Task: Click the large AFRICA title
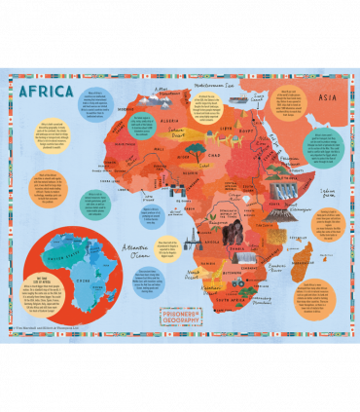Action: pos(46,92)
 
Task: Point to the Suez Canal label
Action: pos(258,96)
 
